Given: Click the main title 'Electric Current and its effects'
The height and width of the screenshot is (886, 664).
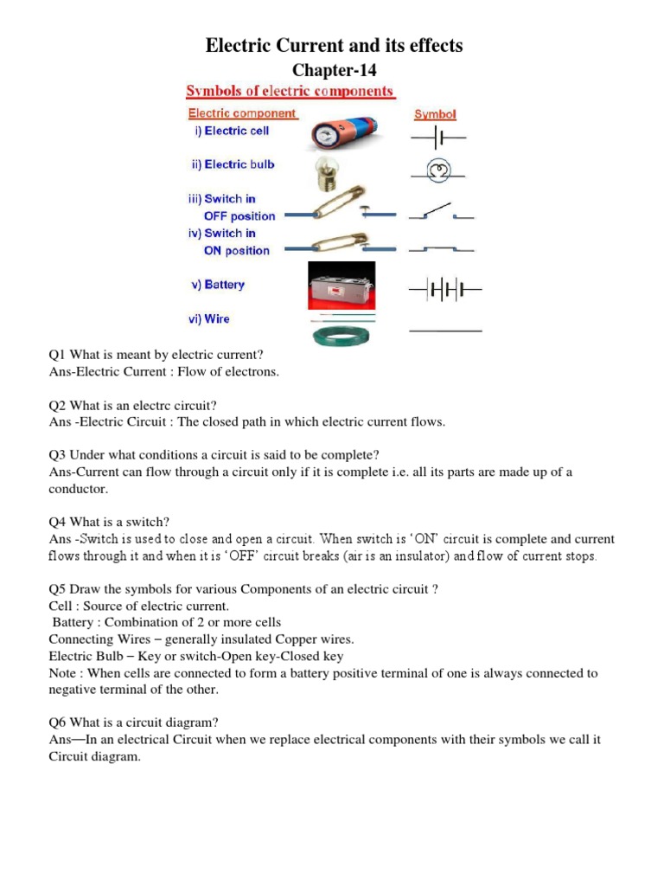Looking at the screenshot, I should pyautogui.click(x=334, y=46).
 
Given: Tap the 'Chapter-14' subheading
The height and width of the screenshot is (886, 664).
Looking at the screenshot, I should pyautogui.click(x=334, y=70).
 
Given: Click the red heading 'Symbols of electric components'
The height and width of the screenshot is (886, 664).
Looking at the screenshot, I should pyautogui.click(x=290, y=92).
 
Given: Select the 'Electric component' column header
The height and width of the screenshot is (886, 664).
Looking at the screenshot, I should pyautogui.click(x=242, y=113).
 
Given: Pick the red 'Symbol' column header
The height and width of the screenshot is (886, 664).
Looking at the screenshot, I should pyautogui.click(x=435, y=114).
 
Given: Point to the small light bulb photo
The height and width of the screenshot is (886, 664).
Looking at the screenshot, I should pyautogui.click(x=329, y=170).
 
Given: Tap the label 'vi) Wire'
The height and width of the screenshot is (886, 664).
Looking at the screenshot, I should pyautogui.click(x=210, y=319).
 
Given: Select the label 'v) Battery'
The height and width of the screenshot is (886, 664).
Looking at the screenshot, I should pyautogui.click(x=217, y=285).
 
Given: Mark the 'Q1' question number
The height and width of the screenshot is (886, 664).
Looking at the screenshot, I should pyautogui.click(x=57, y=355).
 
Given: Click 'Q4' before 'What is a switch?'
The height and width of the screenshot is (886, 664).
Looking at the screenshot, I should pyautogui.click(x=57, y=521).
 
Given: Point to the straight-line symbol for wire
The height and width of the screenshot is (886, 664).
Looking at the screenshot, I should pyautogui.click(x=444, y=331).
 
